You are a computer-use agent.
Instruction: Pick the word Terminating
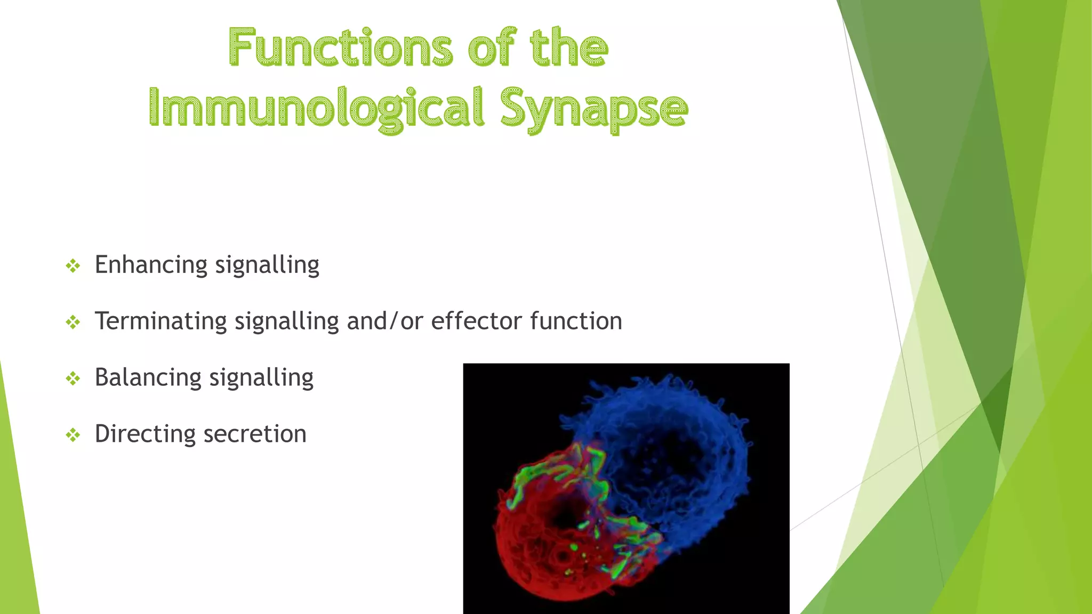pos(160,321)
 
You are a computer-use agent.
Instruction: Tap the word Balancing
pos(148,378)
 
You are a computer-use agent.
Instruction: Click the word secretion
pos(255,434)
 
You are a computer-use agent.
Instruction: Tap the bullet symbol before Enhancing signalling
pos(73,265)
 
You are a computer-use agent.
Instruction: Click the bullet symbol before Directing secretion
pos(73,435)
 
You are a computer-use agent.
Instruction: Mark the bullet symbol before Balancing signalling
pos(73,378)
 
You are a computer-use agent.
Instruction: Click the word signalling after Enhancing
pos(267,265)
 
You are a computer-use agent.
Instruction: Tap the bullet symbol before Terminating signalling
pos(73,322)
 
